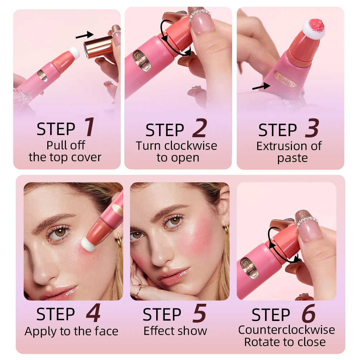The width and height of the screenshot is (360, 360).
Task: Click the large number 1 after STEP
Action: pos(90,128)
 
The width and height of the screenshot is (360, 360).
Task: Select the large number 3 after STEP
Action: pos(312,129)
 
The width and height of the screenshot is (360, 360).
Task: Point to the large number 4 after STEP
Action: pos(93,313)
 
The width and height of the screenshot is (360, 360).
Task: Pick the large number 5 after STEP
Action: pos(199,313)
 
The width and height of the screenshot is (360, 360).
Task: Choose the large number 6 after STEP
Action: pos(308,314)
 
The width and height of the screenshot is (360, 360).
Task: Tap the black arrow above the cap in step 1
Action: pos(84,35)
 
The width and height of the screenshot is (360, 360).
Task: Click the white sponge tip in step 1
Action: pos(74,53)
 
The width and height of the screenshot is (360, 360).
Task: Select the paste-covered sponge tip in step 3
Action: pos(314,28)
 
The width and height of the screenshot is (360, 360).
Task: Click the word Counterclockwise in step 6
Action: pos(287,330)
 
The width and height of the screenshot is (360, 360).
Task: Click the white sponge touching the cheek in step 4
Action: pos(88,245)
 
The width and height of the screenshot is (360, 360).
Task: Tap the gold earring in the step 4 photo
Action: pos(119,239)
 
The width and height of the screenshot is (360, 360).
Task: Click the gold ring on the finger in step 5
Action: pos(137,291)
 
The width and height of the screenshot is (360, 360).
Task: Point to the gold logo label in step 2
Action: pos(142,61)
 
